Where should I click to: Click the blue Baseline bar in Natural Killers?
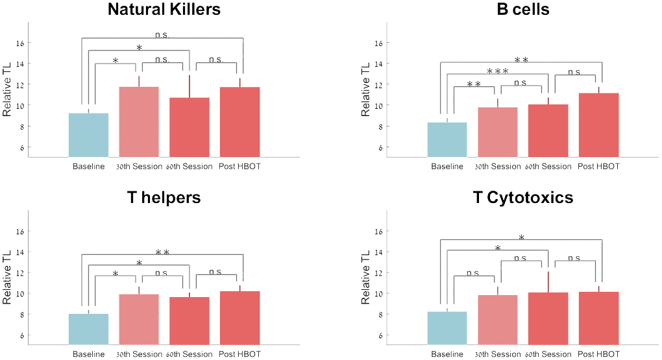(88, 134)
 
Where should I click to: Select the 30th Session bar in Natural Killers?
(138, 121)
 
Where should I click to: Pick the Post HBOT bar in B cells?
(598, 125)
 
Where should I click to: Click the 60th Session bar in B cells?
(548, 130)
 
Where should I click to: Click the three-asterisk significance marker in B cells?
(497, 71)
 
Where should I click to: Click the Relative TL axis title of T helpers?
(7, 282)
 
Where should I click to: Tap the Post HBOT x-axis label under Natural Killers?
(239, 167)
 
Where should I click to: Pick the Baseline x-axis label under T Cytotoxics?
(447, 355)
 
